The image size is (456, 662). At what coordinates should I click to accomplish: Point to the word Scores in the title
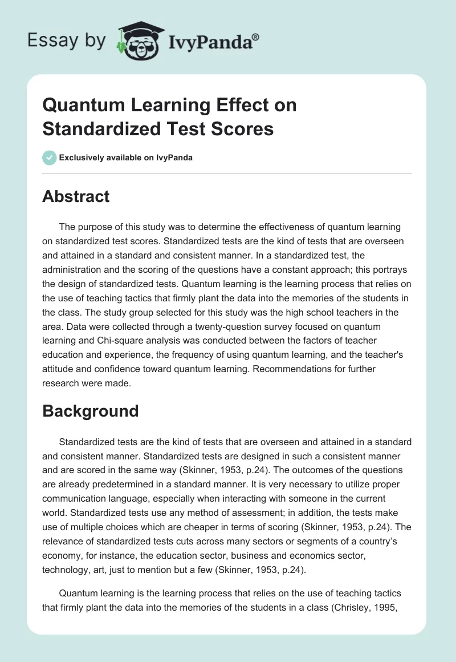pyautogui.click(x=245, y=129)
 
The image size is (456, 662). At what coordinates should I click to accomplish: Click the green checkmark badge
pyautogui.click(x=50, y=158)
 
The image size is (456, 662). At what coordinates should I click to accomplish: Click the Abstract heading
pyautogui.click(x=76, y=196)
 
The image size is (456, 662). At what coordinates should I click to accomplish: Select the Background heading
pyautogui.click(x=90, y=411)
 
